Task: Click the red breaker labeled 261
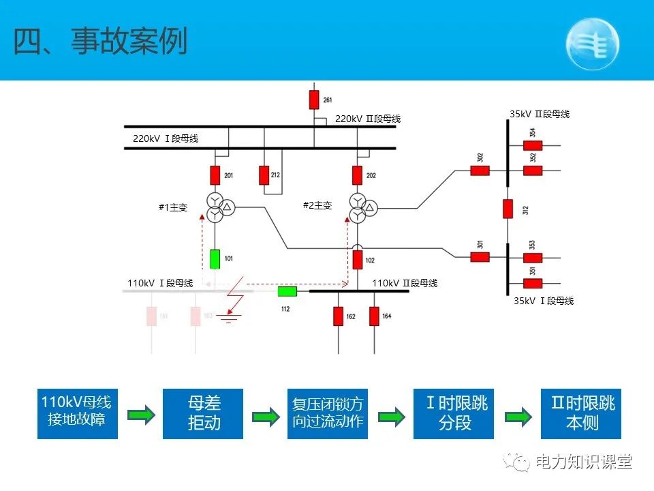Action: point(314,100)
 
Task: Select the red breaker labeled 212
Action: point(264,175)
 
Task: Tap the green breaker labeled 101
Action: point(215,259)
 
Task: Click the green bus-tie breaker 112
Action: point(287,292)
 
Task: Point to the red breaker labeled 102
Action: point(358,260)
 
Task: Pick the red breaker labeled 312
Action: point(508,208)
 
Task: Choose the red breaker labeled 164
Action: point(374,316)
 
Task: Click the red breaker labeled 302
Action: point(480,170)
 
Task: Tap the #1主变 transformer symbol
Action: point(219,207)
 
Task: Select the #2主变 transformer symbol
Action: point(362,207)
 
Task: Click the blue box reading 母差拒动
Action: point(204,413)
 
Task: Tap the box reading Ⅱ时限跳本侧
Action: point(581,413)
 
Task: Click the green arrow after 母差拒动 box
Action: point(265,417)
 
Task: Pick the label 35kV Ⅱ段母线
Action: point(539,115)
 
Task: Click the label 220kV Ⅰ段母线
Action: point(166,138)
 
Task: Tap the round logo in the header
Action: point(593,44)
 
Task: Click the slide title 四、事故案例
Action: point(100,42)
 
